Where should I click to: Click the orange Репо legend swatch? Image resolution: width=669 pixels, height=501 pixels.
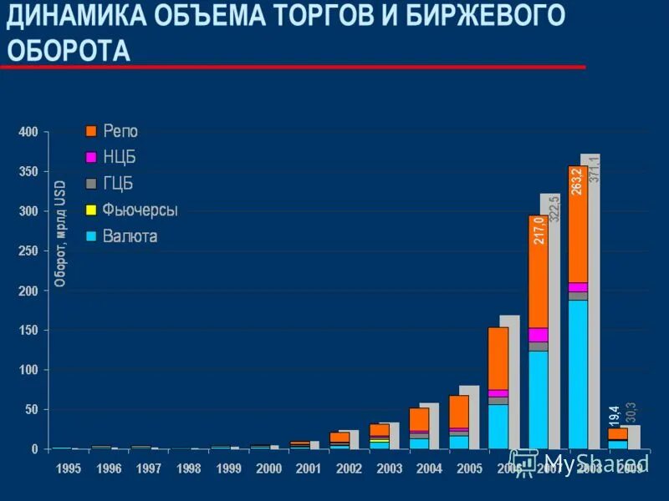91,131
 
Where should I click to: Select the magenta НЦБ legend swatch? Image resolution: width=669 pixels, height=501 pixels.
91,157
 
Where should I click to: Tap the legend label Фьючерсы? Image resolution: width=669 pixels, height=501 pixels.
140,210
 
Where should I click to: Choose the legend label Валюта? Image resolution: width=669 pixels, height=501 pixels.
130,236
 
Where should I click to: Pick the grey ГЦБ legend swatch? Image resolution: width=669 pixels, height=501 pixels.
91,183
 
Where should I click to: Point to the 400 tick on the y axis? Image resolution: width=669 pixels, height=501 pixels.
28,132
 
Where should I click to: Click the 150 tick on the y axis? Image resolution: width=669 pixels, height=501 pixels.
28,331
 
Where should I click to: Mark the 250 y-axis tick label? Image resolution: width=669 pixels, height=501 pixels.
28,251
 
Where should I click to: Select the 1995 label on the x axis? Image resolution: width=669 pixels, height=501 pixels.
69,469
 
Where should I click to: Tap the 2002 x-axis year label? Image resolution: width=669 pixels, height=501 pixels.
349,469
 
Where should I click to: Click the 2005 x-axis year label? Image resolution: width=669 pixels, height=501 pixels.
469,469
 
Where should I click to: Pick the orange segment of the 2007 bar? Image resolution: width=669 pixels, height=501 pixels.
538,276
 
